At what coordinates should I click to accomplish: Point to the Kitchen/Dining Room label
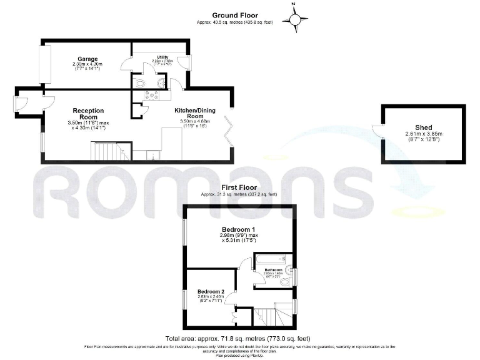pyautogui.click(x=197, y=113)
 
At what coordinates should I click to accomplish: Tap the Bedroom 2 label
pyautogui.click(x=211, y=291)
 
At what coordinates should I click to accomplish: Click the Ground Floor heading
pyautogui.click(x=235, y=15)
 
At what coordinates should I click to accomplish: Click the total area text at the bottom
pyautogui.click(x=237, y=338)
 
